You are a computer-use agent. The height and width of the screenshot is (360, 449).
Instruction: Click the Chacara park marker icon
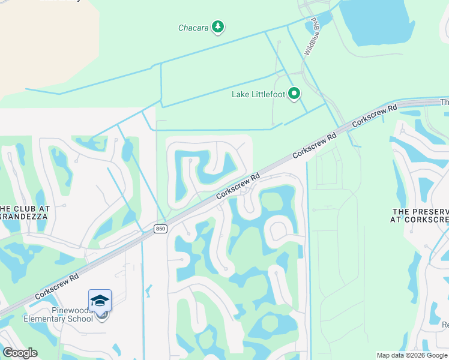click(x=218, y=27)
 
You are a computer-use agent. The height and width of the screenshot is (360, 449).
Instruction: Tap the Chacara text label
click(x=193, y=28)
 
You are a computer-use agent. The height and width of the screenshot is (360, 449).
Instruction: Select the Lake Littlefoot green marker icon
click(x=294, y=94)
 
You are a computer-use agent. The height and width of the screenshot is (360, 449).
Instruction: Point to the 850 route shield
click(x=160, y=229)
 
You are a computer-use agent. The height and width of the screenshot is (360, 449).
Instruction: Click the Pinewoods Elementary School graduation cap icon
click(x=100, y=300)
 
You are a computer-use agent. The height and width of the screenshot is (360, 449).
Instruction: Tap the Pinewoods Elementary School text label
click(x=58, y=314)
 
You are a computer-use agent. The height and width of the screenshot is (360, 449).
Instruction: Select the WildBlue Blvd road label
click(x=311, y=36)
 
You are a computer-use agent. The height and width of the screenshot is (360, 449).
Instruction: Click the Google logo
click(x=20, y=353)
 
